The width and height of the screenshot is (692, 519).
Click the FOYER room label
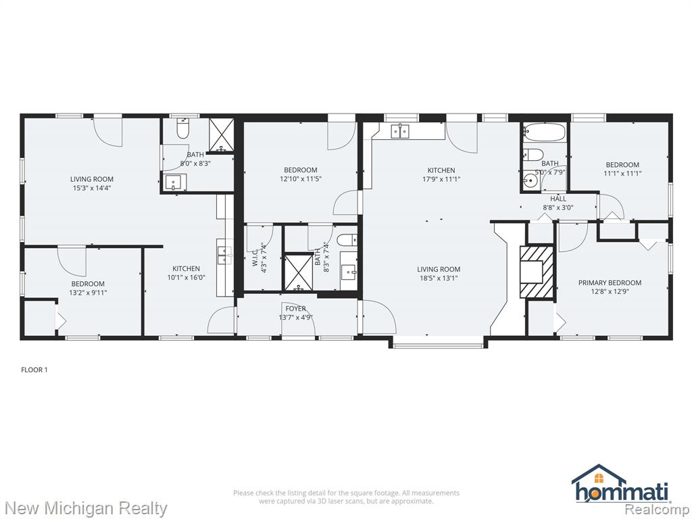coord(296,308)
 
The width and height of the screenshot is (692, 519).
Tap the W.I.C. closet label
coord(255,257)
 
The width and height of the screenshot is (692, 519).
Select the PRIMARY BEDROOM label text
coord(610,282)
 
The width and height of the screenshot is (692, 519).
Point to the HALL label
coord(558,199)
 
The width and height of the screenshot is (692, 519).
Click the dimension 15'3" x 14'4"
coord(92,188)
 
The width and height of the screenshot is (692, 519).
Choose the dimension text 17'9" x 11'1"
coord(441,178)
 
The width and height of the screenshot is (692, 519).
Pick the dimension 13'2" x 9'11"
coord(89,292)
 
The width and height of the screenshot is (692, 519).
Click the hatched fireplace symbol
coord(536,272)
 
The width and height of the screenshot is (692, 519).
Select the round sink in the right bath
coord(529,181)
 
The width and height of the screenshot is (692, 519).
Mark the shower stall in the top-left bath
coord(221,134)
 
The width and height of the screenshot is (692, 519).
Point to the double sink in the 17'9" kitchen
coord(400,131)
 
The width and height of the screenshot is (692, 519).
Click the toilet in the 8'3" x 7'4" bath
coord(347,240)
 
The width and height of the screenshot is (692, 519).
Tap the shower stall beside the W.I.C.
coord(299,272)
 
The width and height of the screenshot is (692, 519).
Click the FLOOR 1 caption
coord(34,370)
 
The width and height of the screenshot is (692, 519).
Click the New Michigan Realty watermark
coord(84,508)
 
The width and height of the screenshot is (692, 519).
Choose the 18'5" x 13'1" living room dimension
coord(439,278)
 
